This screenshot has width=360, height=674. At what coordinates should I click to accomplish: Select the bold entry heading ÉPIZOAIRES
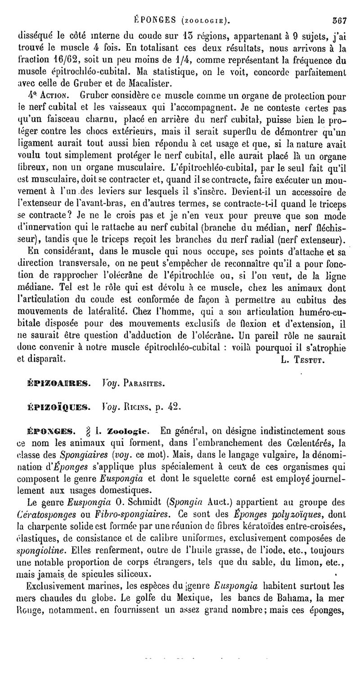(60, 384)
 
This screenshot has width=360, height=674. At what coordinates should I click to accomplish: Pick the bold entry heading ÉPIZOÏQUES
(60, 407)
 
